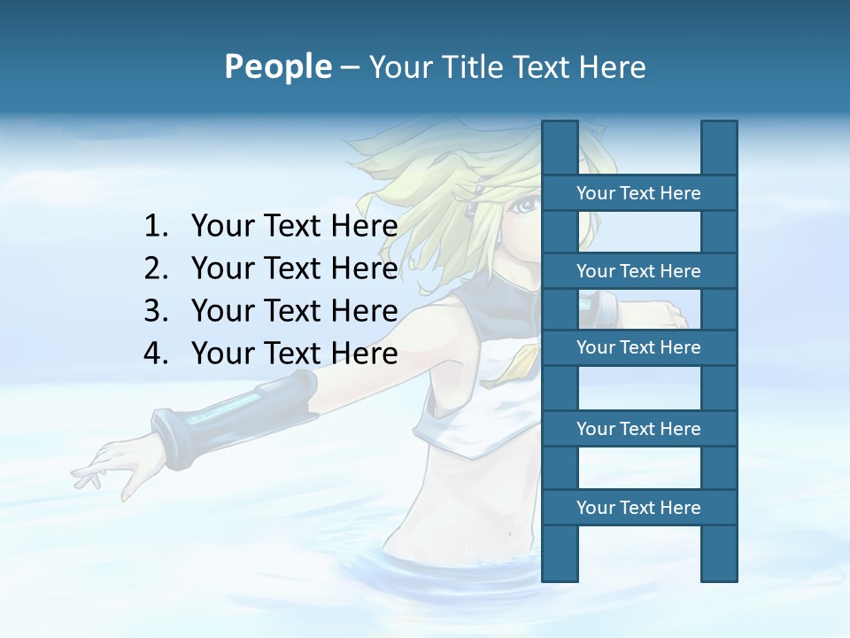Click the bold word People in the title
coord(277,66)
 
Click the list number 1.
coord(155,227)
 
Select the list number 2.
coord(155,268)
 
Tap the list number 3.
coord(155,311)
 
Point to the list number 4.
coord(155,354)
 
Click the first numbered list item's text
coord(294,227)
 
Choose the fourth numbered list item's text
coord(294,354)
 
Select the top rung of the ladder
coord(638,193)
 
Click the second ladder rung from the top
coord(638,271)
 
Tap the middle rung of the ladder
coord(638,347)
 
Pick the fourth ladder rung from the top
coord(638,429)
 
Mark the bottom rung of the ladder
coord(638,508)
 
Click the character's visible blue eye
coord(525,206)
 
